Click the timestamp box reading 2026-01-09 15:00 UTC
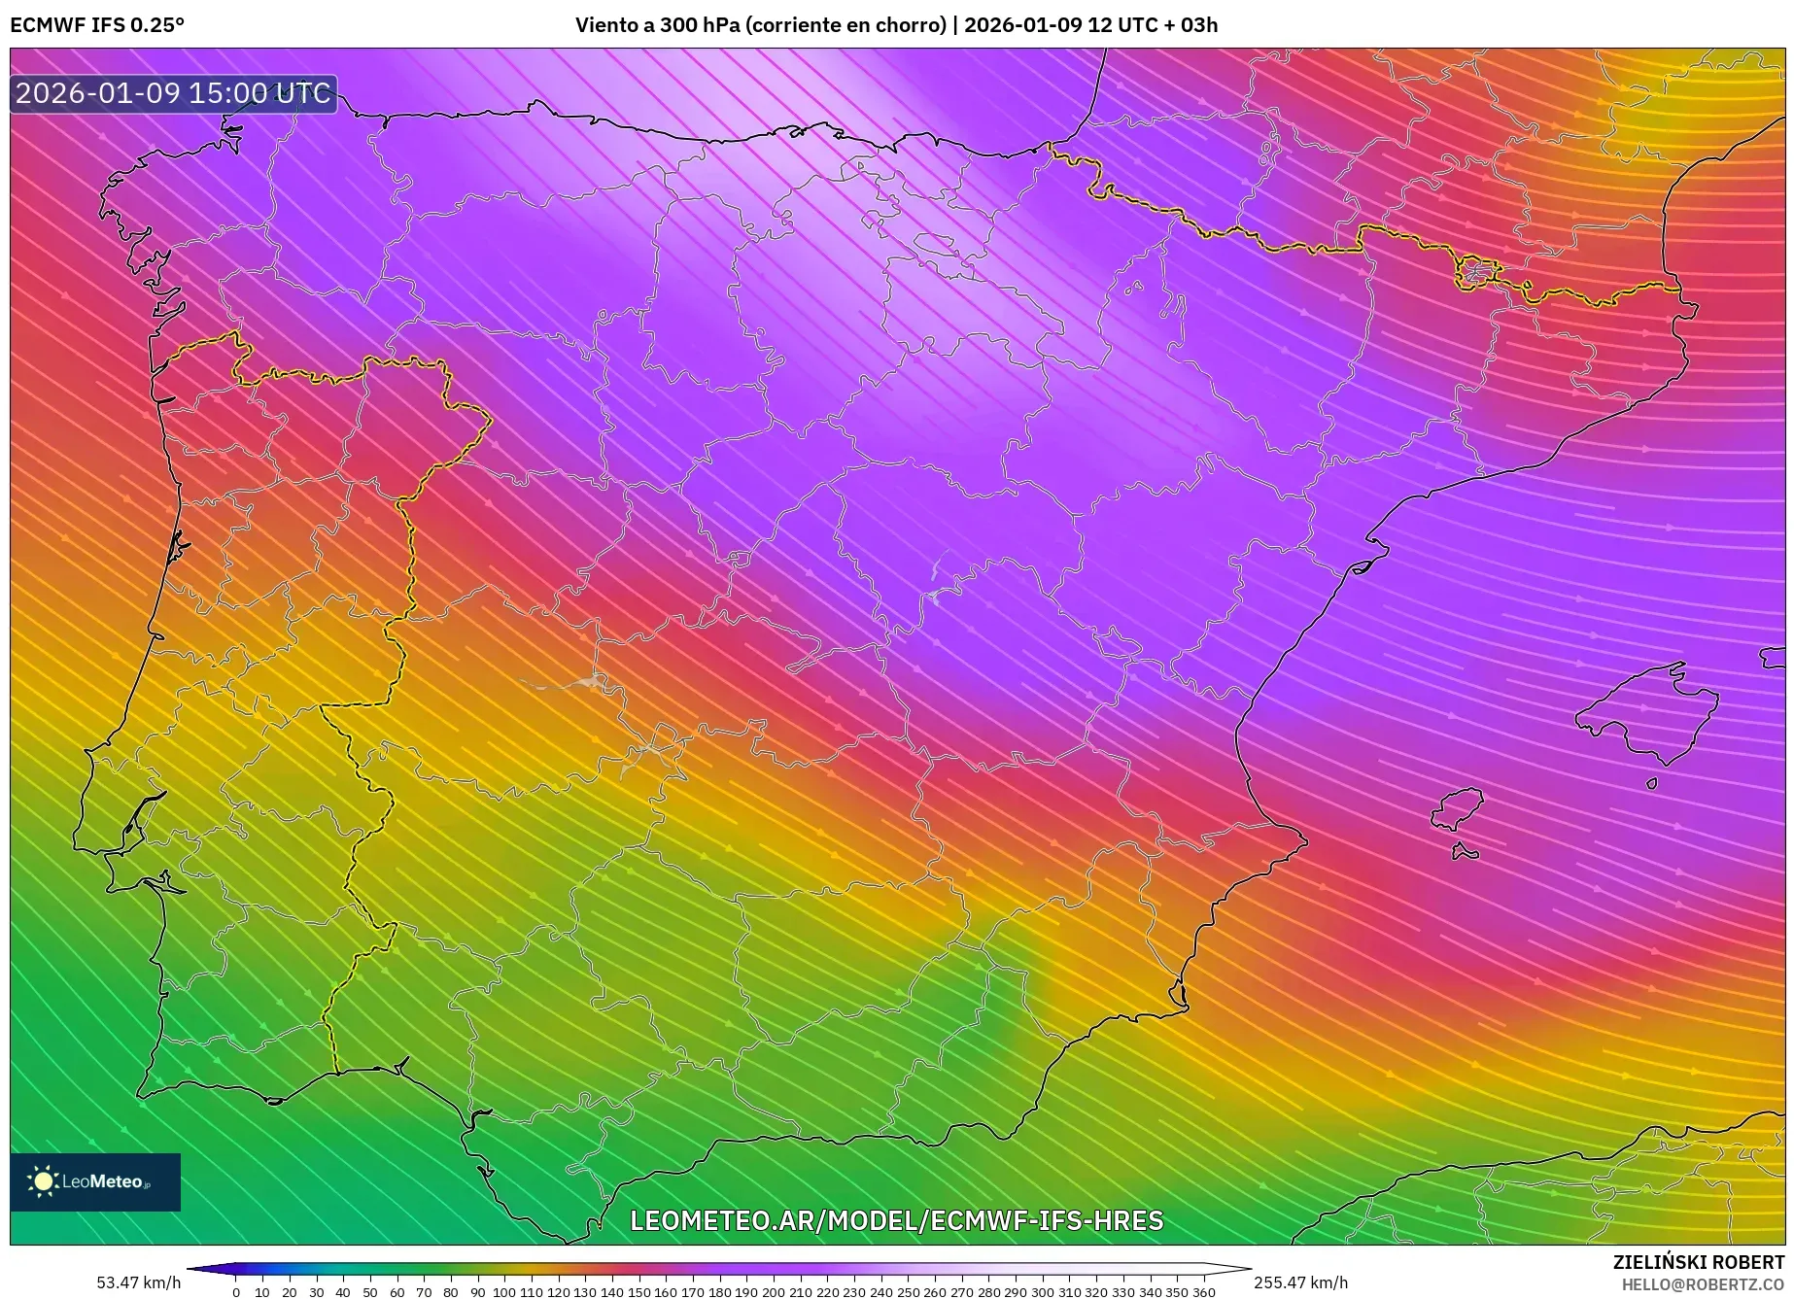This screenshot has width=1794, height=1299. pos(173,93)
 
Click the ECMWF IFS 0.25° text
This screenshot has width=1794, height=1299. pos(97,24)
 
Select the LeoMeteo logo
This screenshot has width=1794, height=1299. pos(95,1181)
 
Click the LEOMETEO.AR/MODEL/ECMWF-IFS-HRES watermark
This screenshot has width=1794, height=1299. pos(896,1220)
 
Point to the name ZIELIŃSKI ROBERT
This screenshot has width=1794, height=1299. pos(1698,1262)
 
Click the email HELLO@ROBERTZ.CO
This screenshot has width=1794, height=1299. pos(1702,1284)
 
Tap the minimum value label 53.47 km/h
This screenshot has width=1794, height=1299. pos(138,1282)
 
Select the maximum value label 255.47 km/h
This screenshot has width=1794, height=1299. pos(1300,1282)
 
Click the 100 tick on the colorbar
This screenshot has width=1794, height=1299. pos(504,1291)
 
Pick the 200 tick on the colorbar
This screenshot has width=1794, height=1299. pos(774,1291)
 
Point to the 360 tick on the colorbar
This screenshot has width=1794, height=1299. pos(1203,1291)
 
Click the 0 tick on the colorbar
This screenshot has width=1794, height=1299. pos(236,1291)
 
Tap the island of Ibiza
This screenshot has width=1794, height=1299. pos(1458,808)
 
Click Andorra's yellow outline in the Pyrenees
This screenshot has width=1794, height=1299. pos(1476,273)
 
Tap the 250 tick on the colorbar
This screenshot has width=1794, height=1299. pos(908,1291)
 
